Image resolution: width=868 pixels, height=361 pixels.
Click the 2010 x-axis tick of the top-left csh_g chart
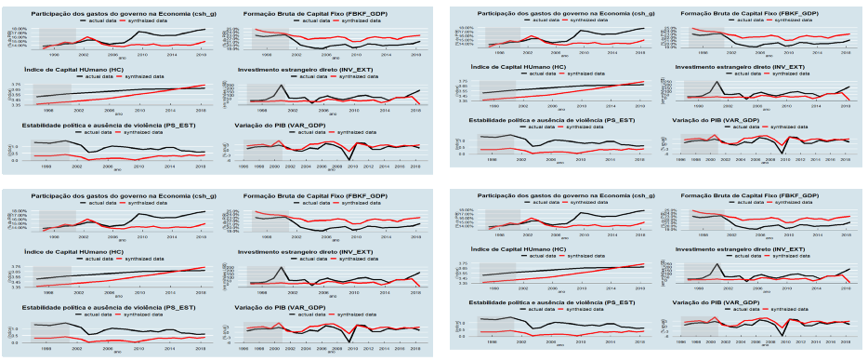[x=139, y=55]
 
